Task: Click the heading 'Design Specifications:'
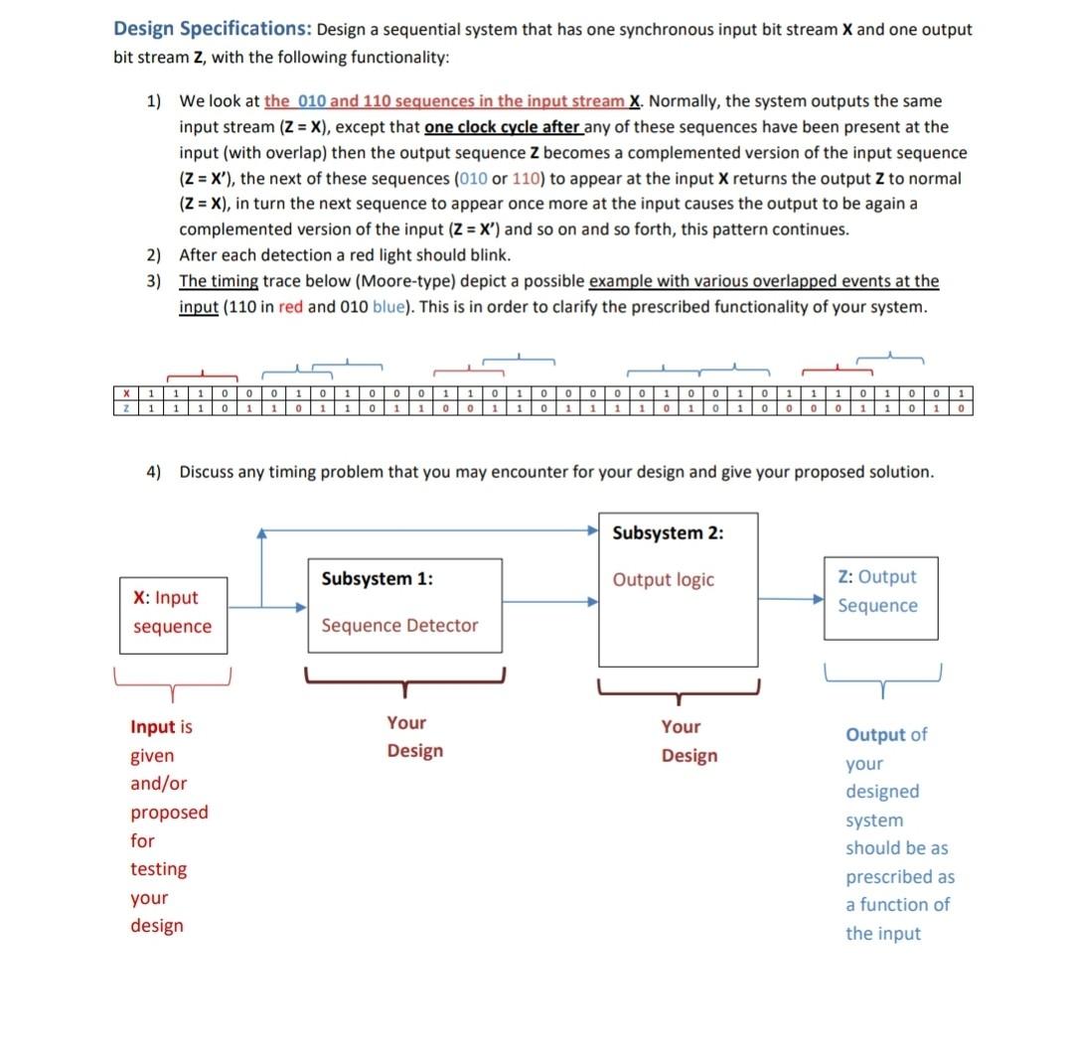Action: (x=212, y=29)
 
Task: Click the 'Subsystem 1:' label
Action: (x=377, y=579)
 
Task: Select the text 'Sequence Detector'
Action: (x=399, y=626)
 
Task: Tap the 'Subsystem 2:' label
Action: (x=668, y=533)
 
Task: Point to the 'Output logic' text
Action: (x=663, y=580)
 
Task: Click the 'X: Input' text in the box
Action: (x=165, y=598)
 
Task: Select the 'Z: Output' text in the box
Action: (x=876, y=577)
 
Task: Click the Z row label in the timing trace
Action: (x=126, y=408)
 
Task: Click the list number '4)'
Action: (x=154, y=472)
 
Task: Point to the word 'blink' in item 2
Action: (x=487, y=255)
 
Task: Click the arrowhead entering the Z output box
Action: (x=818, y=600)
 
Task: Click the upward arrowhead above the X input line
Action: (x=261, y=534)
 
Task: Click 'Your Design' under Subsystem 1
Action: (x=414, y=737)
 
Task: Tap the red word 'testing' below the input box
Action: (x=158, y=869)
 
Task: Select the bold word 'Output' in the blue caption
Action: (x=875, y=736)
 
